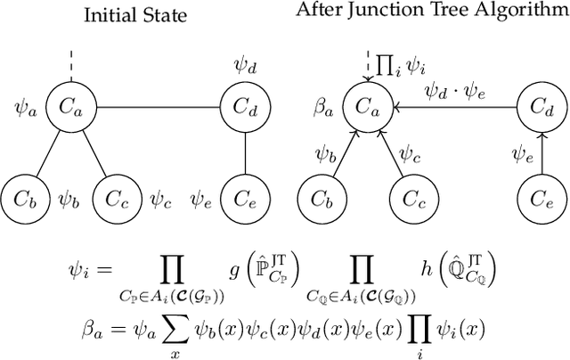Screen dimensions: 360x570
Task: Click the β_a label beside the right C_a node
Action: coord(323,108)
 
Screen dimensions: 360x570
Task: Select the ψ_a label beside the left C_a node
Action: coord(26,108)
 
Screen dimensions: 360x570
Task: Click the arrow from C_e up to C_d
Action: coord(544,151)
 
